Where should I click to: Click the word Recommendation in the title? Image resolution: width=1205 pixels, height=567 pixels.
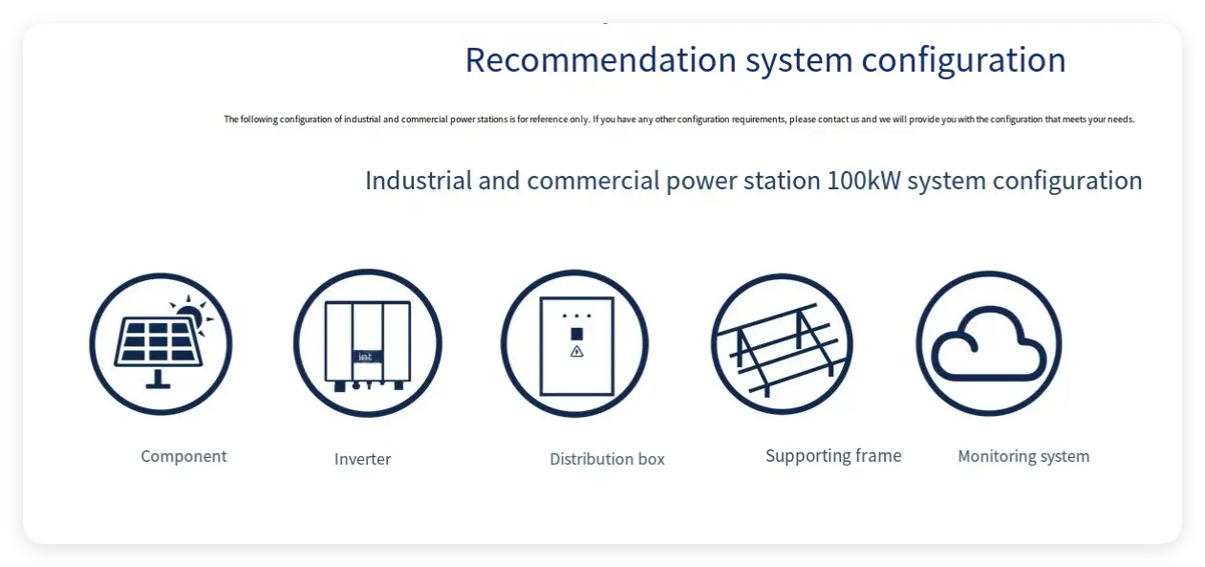(x=600, y=60)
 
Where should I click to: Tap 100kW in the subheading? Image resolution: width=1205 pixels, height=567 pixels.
(x=864, y=181)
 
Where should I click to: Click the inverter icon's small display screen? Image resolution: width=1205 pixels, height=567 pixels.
(x=366, y=357)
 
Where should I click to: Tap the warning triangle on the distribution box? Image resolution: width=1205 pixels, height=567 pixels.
(x=576, y=352)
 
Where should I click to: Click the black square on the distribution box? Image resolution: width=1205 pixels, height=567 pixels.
(x=576, y=334)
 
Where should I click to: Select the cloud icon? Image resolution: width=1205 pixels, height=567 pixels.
(x=989, y=343)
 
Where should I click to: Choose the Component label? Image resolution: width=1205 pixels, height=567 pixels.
(x=184, y=457)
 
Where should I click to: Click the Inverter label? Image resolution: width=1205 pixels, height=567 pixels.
(x=362, y=459)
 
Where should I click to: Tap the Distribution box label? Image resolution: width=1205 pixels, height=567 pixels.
(x=608, y=459)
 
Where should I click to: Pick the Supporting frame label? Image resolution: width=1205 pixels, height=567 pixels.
(x=833, y=456)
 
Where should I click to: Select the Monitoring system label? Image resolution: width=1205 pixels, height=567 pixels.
(x=1023, y=457)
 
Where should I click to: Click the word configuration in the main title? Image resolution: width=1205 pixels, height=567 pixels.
(x=963, y=61)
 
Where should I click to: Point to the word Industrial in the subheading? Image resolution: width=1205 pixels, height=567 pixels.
(x=419, y=181)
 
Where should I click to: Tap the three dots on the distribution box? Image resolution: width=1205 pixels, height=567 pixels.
(x=576, y=316)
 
